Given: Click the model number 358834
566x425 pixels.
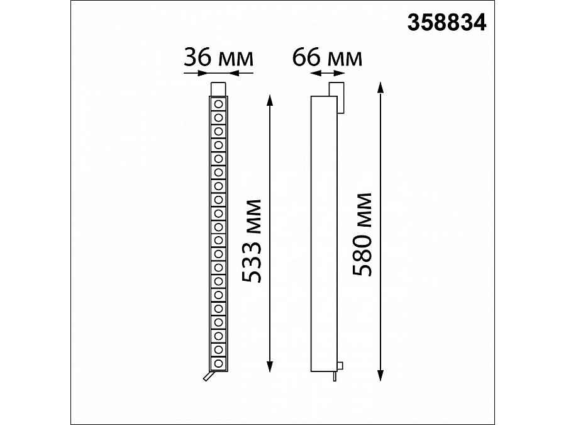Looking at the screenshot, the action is click(447, 23).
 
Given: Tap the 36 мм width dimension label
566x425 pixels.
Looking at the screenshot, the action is click(218, 58).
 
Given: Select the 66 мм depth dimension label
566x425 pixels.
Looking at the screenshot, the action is click(327, 58).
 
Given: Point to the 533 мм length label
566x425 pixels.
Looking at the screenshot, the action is click(251, 241).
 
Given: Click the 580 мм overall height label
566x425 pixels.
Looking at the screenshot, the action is click(362, 235).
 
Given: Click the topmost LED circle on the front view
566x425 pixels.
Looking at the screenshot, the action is click(218, 105).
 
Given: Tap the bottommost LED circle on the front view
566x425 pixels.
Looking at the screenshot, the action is click(218, 363).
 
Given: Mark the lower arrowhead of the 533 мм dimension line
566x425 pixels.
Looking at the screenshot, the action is click(270, 366).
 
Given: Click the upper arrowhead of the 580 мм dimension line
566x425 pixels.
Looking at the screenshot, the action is click(380, 88).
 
